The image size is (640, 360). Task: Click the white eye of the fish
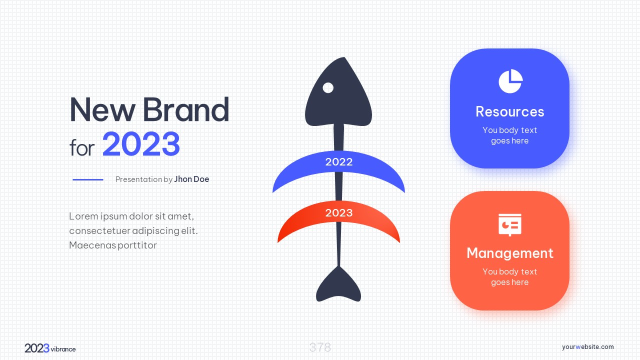tap(328, 87)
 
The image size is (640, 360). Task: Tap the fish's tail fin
tap(338, 285)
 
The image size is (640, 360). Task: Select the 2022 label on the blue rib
tap(339, 162)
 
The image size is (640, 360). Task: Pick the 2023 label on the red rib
tap(339, 213)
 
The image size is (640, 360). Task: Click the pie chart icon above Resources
tap(510, 81)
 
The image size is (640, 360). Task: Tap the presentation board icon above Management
tap(510, 225)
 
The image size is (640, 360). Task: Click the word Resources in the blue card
tap(510, 111)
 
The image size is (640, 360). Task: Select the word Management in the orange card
tap(510, 253)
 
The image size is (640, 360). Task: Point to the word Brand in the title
tap(185, 109)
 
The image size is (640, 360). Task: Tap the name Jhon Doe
tap(191, 179)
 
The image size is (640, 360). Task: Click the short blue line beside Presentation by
tap(87, 179)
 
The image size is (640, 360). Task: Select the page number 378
tap(320, 347)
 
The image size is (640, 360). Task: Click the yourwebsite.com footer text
tap(587, 347)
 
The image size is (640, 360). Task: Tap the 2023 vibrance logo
tap(50, 348)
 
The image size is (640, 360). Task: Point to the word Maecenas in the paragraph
tap(92, 245)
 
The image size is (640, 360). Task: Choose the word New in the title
tap(102, 109)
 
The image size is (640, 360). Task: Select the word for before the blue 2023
tap(82, 147)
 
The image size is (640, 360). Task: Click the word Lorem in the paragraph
tap(83, 216)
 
